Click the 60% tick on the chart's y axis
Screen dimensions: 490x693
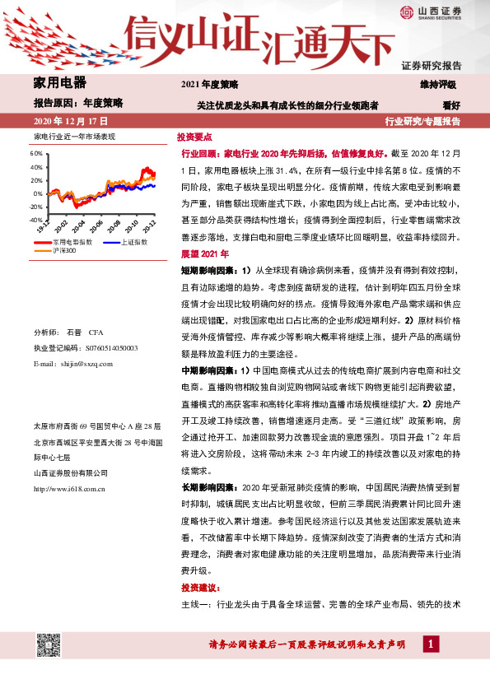pyautogui.click(x=35, y=153)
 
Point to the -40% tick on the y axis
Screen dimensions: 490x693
pyautogui.click(x=35, y=220)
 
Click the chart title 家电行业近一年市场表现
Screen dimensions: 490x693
pyautogui.click(x=74, y=135)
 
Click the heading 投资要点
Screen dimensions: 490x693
pyautogui.click(x=195, y=138)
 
